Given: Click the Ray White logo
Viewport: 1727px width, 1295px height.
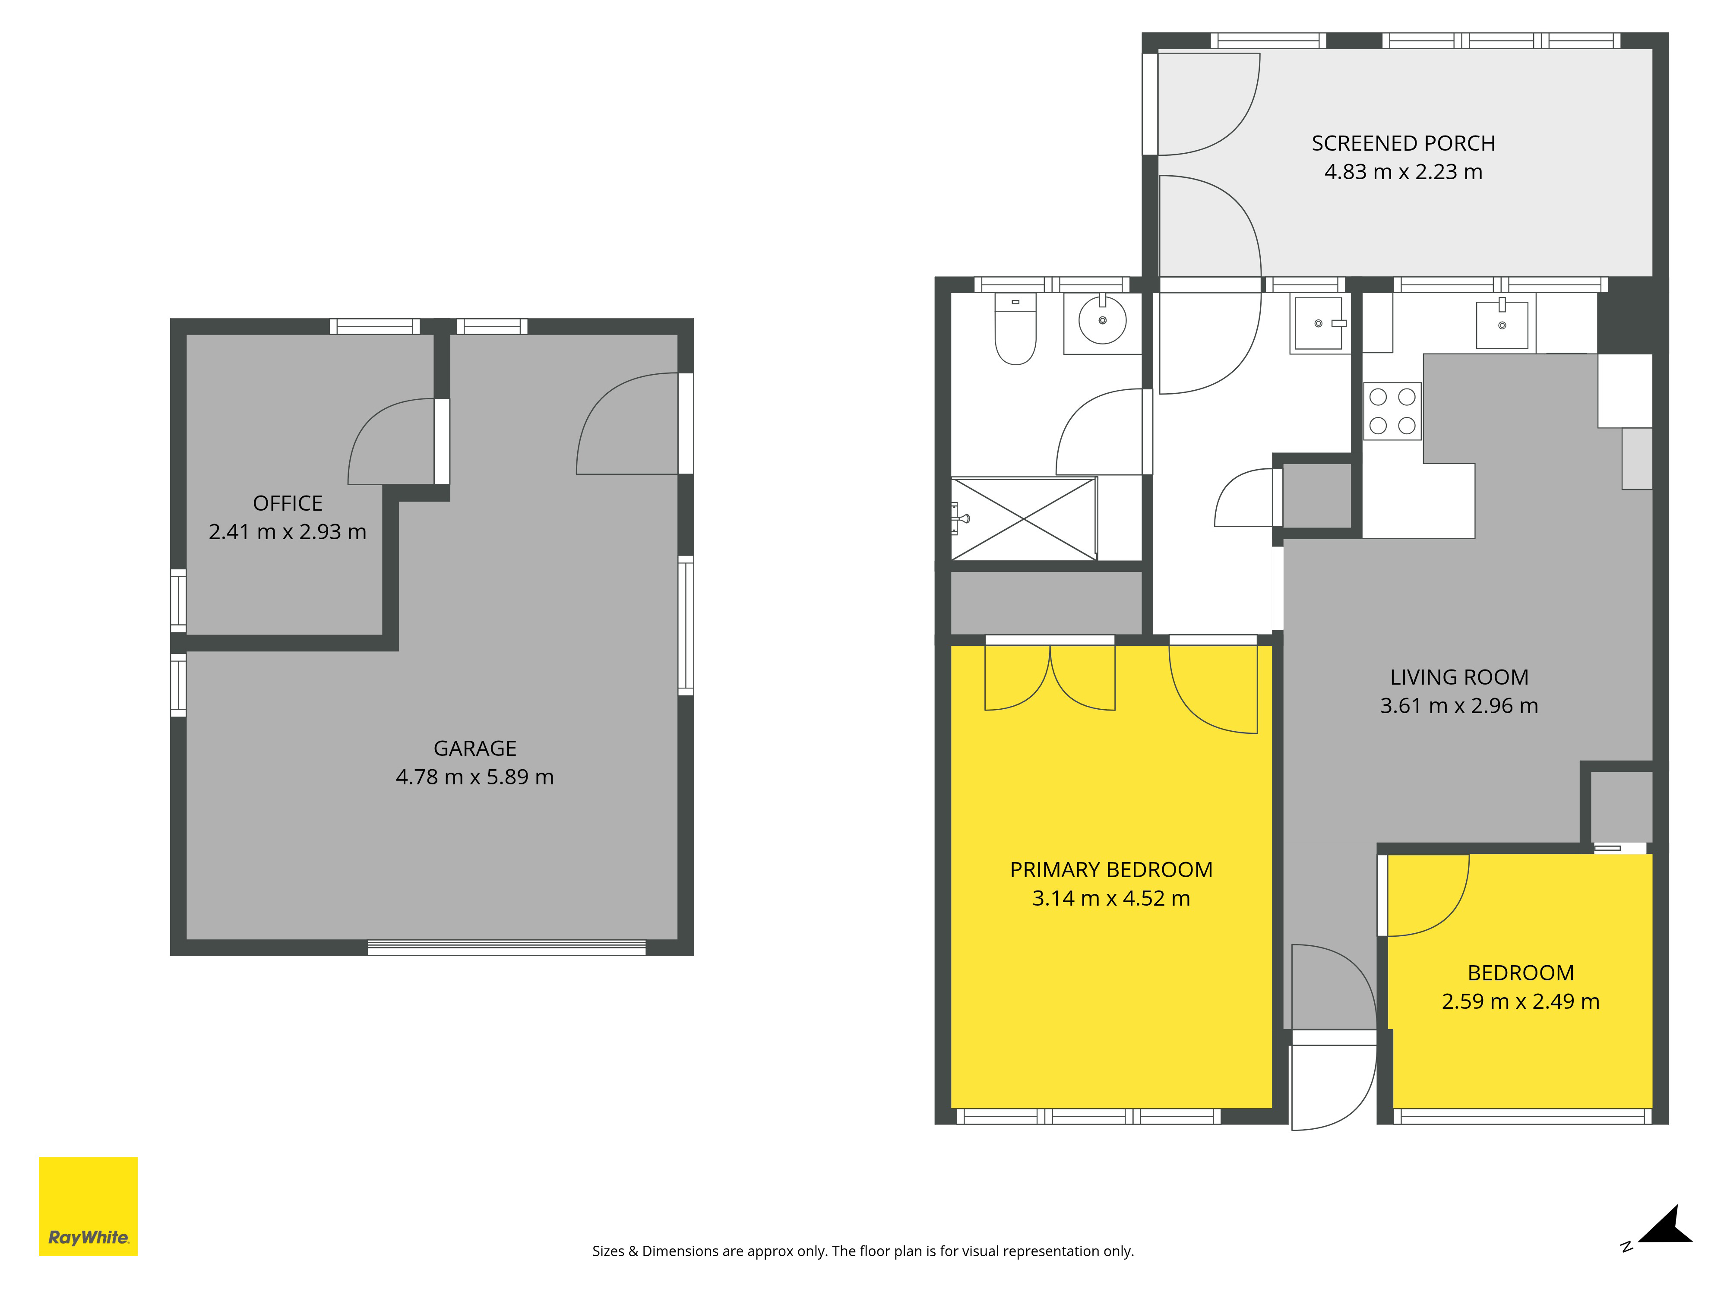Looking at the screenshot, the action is (88, 1206).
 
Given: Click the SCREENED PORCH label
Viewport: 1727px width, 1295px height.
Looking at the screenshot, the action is (1403, 144).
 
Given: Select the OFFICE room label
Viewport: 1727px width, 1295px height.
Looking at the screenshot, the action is (287, 503).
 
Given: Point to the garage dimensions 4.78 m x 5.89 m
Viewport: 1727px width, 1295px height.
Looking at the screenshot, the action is (474, 777).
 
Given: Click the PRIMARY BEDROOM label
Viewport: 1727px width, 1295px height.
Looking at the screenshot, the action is (1111, 869).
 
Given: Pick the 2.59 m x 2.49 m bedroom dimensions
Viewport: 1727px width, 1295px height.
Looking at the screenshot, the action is (1520, 1001).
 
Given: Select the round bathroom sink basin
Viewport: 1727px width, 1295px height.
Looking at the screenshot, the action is (1102, 320).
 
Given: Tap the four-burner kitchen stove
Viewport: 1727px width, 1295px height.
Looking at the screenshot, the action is (1392, 411).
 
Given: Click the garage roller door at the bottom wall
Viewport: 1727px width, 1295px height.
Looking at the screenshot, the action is (507, 948).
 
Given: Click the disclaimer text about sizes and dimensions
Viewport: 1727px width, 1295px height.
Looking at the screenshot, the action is (863, 1251).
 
